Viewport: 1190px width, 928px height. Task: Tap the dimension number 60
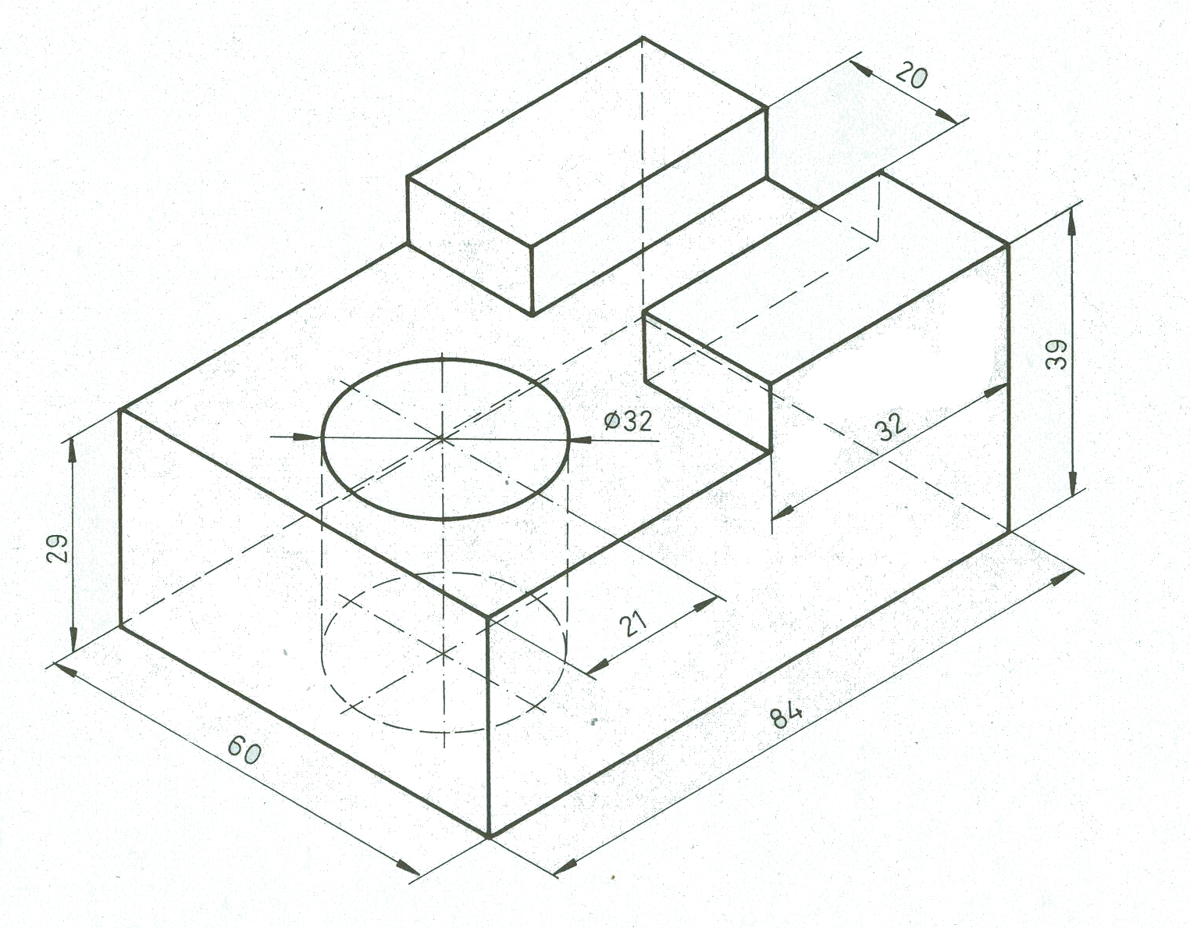coord(244,750)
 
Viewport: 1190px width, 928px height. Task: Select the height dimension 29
coord(57,548)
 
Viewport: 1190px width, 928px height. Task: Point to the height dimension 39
coord(1056,355)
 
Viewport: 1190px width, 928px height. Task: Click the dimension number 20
coord(910,76)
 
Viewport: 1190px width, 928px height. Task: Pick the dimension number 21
coord(633,624)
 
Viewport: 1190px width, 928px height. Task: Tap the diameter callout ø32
coord(628,421)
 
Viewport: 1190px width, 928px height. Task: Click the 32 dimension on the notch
coord(890,427)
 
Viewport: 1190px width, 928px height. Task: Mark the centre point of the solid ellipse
coord(442,437)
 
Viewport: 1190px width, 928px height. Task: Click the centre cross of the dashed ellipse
coord(444,653)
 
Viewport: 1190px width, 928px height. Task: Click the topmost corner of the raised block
coord(643,37)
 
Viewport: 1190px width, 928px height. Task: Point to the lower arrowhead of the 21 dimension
coord(597,666)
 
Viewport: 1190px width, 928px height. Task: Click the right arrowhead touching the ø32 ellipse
coord(583,439)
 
